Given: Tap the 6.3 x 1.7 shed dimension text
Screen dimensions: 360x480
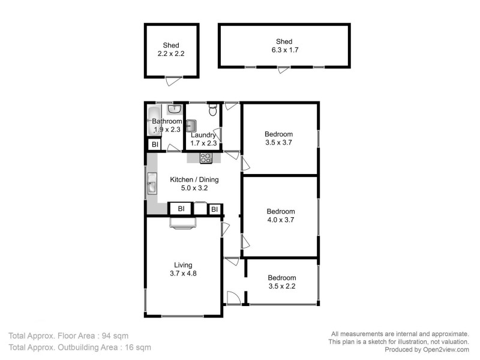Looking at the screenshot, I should [284, 50].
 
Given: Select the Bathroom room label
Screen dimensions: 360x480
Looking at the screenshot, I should [166, 121].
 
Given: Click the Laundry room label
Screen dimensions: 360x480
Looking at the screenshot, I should [203, 135].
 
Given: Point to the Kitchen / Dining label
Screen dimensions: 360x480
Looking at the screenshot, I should [194, 179].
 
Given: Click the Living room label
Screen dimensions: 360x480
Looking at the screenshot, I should [183, 265].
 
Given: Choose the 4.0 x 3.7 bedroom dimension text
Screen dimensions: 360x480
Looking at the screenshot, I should [280, 220].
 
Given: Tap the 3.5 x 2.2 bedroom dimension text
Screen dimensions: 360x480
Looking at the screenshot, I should [281, 286].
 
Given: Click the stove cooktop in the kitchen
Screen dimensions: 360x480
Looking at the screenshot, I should [206, 158].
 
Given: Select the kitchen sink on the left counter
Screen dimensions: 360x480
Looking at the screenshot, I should [152, 186].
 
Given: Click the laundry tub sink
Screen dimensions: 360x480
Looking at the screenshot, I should [191, 125].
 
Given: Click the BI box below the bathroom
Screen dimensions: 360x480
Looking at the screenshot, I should [154, 145].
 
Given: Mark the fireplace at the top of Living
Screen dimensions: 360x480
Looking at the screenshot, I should [182, 223].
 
